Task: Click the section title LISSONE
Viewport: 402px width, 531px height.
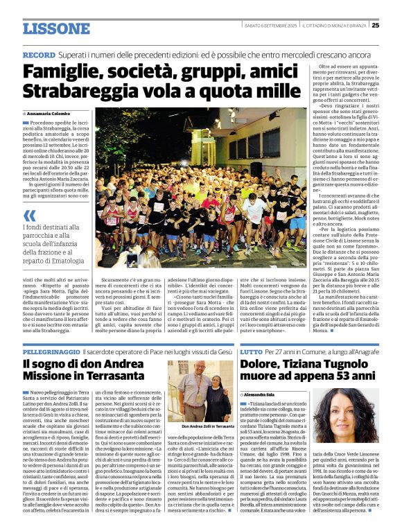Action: point(56,28)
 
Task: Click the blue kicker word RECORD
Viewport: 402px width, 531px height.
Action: point(39,55)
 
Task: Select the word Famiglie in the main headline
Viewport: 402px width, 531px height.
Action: point(62,72)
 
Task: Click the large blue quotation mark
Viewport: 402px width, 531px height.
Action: point(29,216)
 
